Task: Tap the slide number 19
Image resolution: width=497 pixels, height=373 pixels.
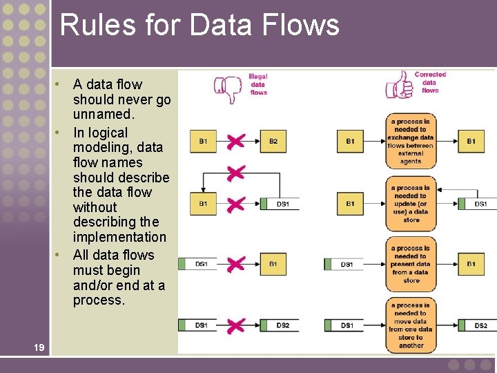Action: tap(39, 347)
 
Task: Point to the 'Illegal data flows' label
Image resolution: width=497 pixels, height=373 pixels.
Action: tap(258, 84)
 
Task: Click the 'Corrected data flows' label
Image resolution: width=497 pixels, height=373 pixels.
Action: tap(430, 82)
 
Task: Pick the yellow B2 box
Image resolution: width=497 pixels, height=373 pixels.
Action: tap(273, 142)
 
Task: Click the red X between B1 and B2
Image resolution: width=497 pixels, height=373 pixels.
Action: tap(235, 142)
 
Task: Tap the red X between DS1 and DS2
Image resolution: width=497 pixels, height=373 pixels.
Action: tap(235, 325)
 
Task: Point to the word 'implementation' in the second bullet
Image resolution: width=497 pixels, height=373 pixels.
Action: tap(119, 237)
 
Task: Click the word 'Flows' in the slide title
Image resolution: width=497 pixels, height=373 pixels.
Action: tap(306, 25)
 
